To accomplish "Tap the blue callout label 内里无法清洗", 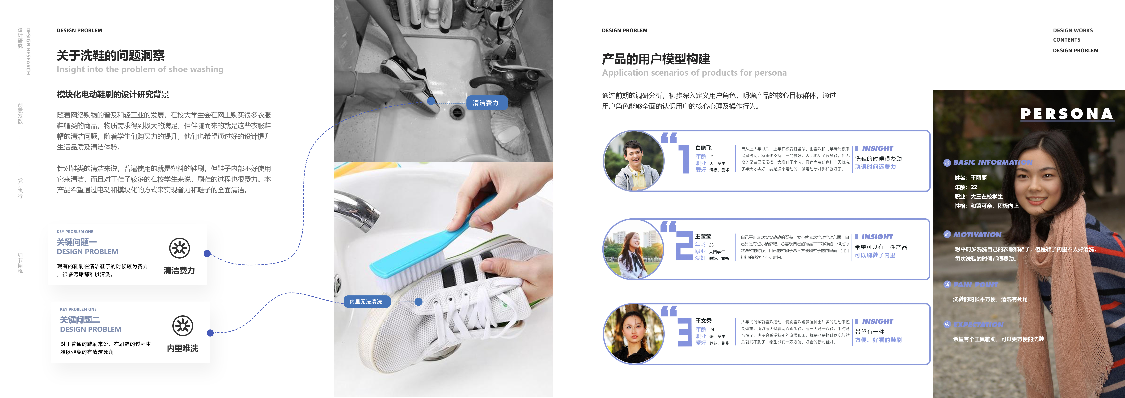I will point(366,301).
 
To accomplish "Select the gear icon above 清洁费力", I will point(179,248).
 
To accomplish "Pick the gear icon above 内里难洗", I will point(182,326).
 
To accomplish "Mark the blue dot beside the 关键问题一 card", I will point(207,253).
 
